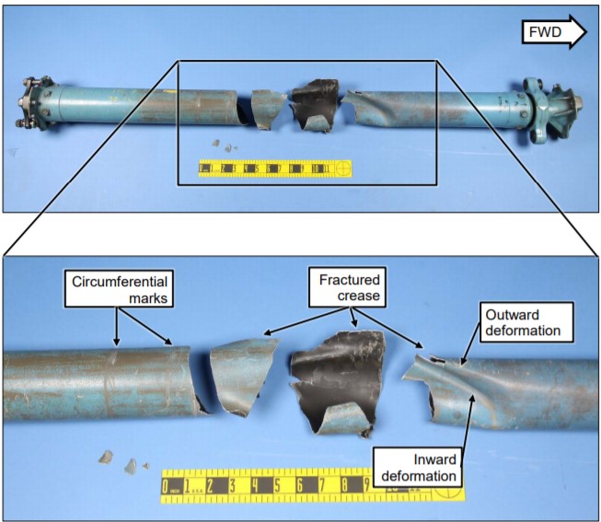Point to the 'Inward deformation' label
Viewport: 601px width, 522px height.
pyautogui.click(x=417, y=467)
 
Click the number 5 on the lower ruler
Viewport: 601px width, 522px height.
pyautogui.click(x=277, y=485)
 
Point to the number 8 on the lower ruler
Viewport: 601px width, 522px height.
pyautogui.click(x=344, y=485)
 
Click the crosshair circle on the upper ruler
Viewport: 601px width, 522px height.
pyautogui.click(x=341, y=168)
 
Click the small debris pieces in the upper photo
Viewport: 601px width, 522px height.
pyautogui.click(x=222, y=145)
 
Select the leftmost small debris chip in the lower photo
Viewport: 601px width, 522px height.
pyautogui.click(x=106, y=457)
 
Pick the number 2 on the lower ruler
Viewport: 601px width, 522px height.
pyautogui.click(x=210, y=485)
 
